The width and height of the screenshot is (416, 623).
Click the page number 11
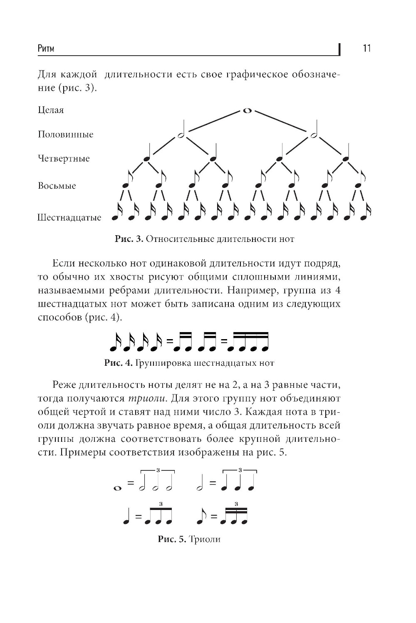(366, 49)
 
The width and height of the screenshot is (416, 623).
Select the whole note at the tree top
(247, 111)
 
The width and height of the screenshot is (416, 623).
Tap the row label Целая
(51, 110)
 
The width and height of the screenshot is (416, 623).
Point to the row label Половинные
(65, 134)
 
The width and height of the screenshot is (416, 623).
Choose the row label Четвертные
(64, 159)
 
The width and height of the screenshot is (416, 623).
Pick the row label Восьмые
(57, 186)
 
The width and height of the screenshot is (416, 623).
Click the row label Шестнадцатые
(69, 218)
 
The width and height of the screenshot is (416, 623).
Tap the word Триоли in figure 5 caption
(204, 539)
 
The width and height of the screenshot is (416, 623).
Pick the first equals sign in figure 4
(169, 342)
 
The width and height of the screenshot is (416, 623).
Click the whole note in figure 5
(117, 488)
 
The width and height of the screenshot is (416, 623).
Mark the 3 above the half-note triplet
(157, 470)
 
